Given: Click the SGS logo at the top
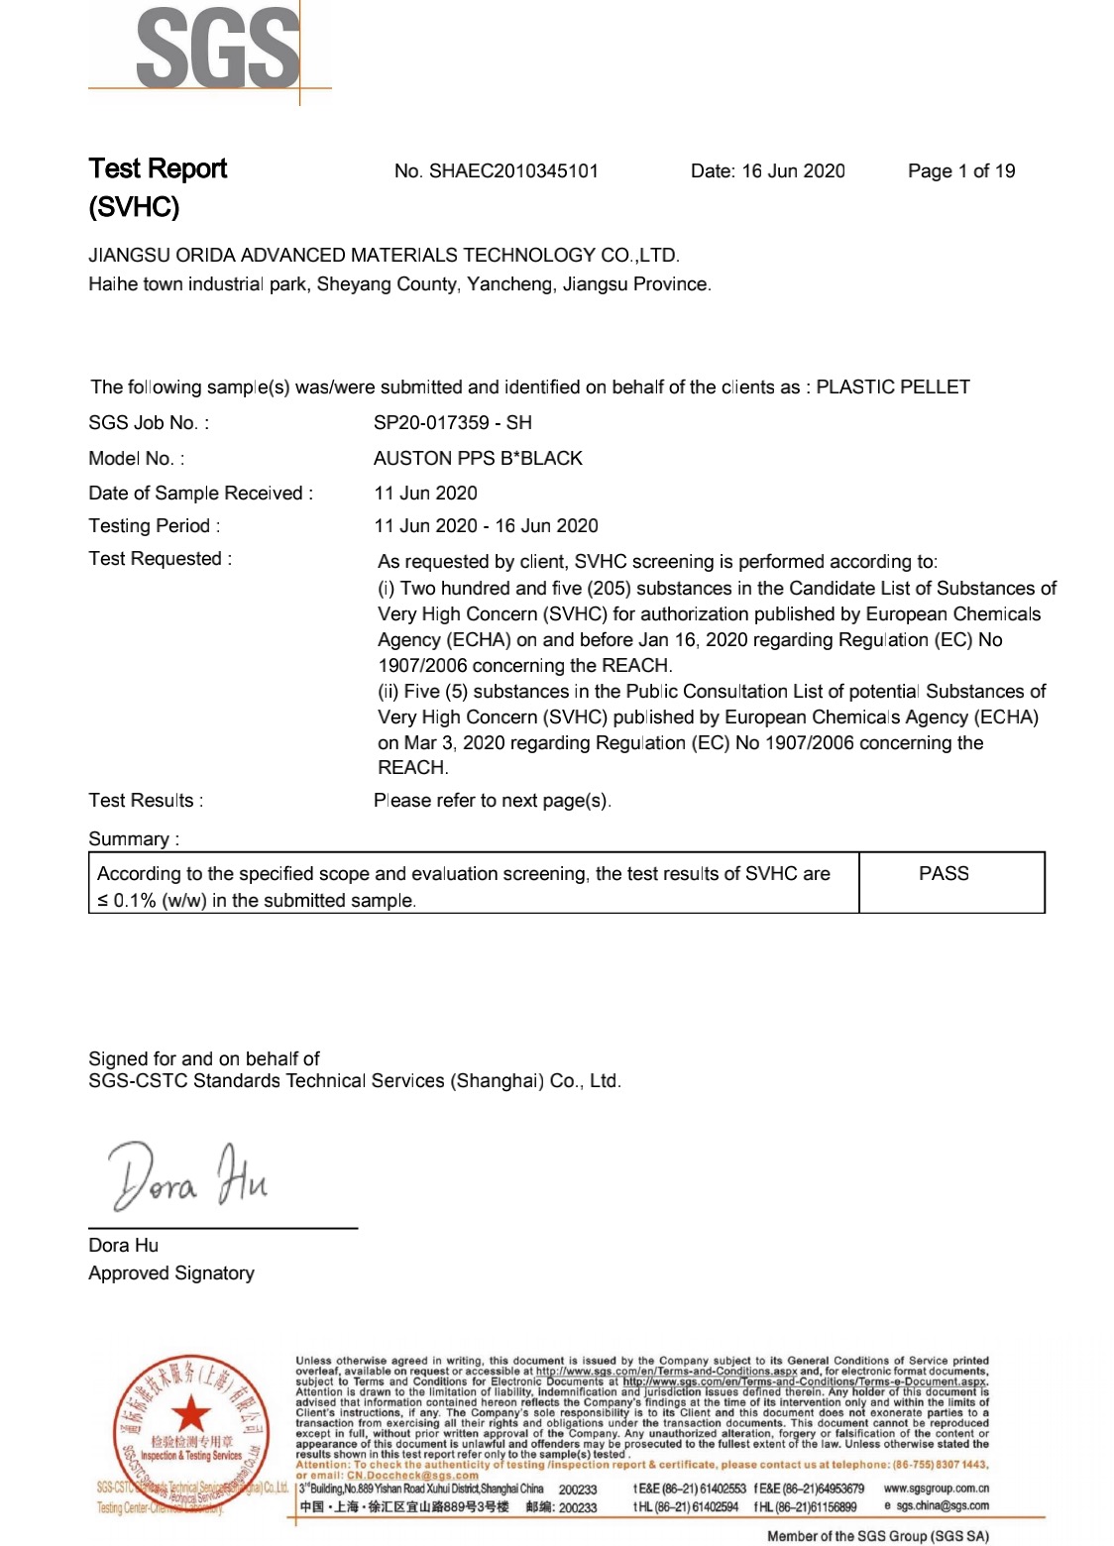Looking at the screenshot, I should (x=217, y=48).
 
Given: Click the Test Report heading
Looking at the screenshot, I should (x=158, y=168).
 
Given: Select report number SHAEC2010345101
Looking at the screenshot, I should (x=513, y=170).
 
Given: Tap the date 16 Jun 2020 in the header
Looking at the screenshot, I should (x=793, y=170).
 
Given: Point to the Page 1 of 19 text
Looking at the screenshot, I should (x=961, y=170).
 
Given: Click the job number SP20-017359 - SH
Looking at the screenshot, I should (x=452, y=423).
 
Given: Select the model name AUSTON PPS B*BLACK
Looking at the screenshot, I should (x=478, y=458).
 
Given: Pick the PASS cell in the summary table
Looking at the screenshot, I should (x=944, y=873).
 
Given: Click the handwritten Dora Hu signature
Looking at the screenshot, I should (x=187, y=1177).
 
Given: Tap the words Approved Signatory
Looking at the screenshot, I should (x=171, y=1273).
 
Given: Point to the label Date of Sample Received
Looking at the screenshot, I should (x=200, y=494).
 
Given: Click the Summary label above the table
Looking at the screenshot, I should (x=134, y=839).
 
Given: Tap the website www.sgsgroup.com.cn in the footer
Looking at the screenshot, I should (x=936, y=1489).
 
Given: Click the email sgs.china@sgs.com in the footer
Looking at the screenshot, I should (x=942, y=1506).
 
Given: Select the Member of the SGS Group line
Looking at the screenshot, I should (x=877, y=1536).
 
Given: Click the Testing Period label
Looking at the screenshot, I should (x=154, y=526).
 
